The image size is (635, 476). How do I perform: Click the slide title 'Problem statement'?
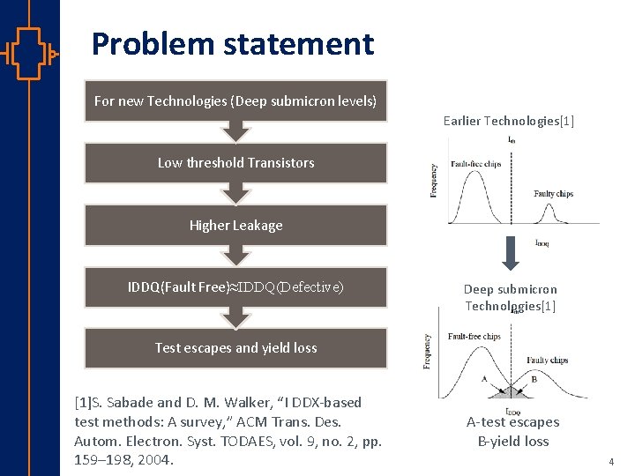[x=233, y=43]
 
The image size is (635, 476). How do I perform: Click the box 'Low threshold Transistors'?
[x=235, y=162]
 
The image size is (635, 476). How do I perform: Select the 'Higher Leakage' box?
[x=235, y=225]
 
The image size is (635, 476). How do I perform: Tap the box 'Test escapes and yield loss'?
[x=235, y=347]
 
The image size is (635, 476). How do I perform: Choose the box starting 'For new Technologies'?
[x=235, y=101]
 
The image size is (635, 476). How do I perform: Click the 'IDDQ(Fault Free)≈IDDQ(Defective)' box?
[x=235, y=286]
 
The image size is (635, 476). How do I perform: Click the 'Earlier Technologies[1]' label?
[x=509, y=121]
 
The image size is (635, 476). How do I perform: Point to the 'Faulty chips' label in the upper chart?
[x=553, y=194]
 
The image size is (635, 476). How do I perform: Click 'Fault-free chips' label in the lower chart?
[x=474, y=336]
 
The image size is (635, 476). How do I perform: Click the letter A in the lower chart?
[x=484, y=379]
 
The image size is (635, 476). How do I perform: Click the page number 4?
[x=610, y=461]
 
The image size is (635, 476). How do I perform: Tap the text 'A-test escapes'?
[x=512, y=422]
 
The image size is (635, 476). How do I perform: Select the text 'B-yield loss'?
[x=512, y=442]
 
